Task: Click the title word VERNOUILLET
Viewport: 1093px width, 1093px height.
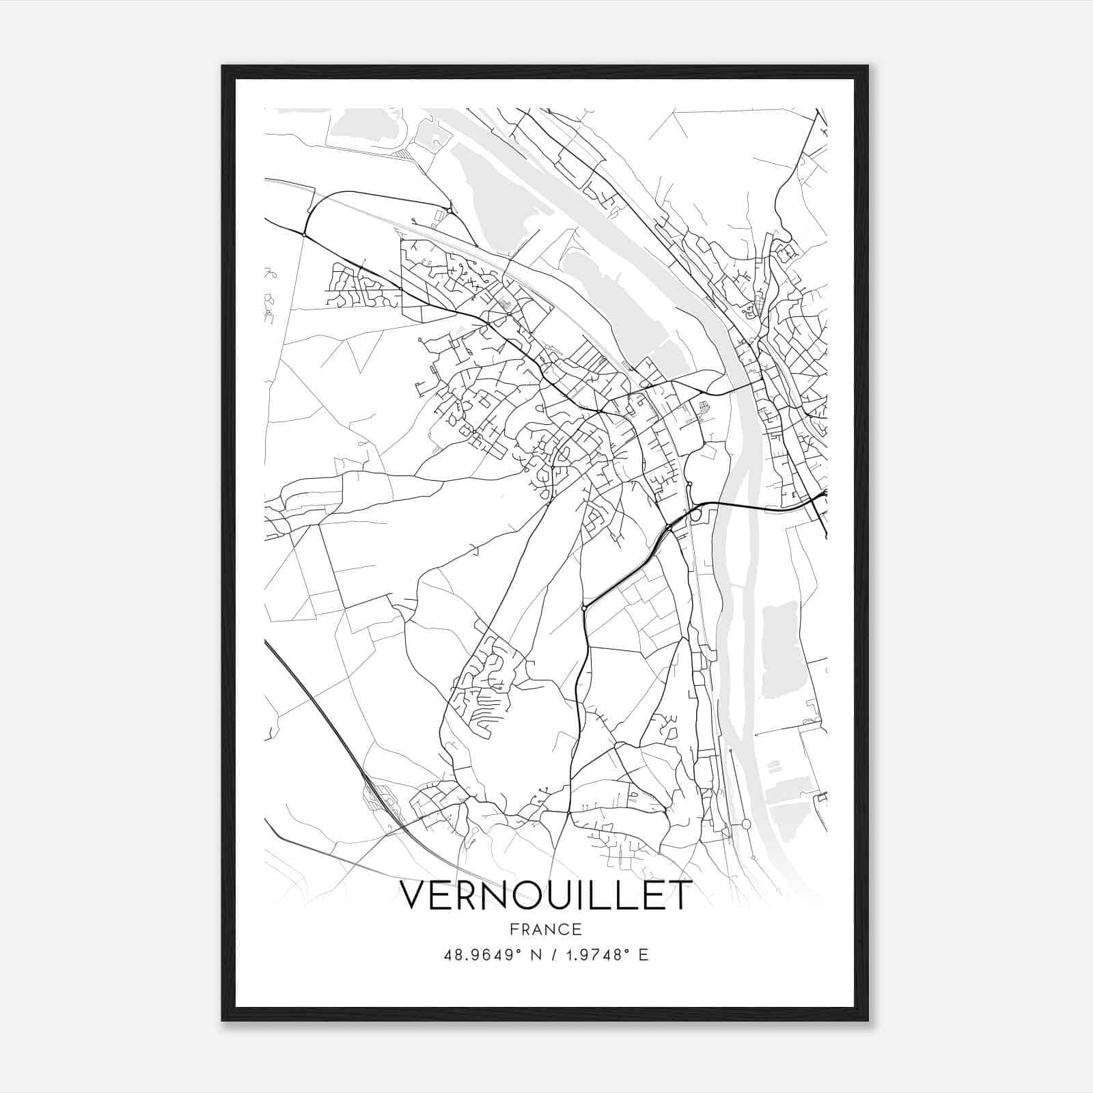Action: [545, 896]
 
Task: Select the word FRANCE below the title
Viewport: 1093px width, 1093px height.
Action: [545, 930]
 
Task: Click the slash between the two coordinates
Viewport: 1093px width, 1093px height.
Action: [551, 955]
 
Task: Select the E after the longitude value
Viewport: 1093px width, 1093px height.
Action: [643, 955]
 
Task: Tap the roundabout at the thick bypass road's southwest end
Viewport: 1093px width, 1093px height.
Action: [584, 607]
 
